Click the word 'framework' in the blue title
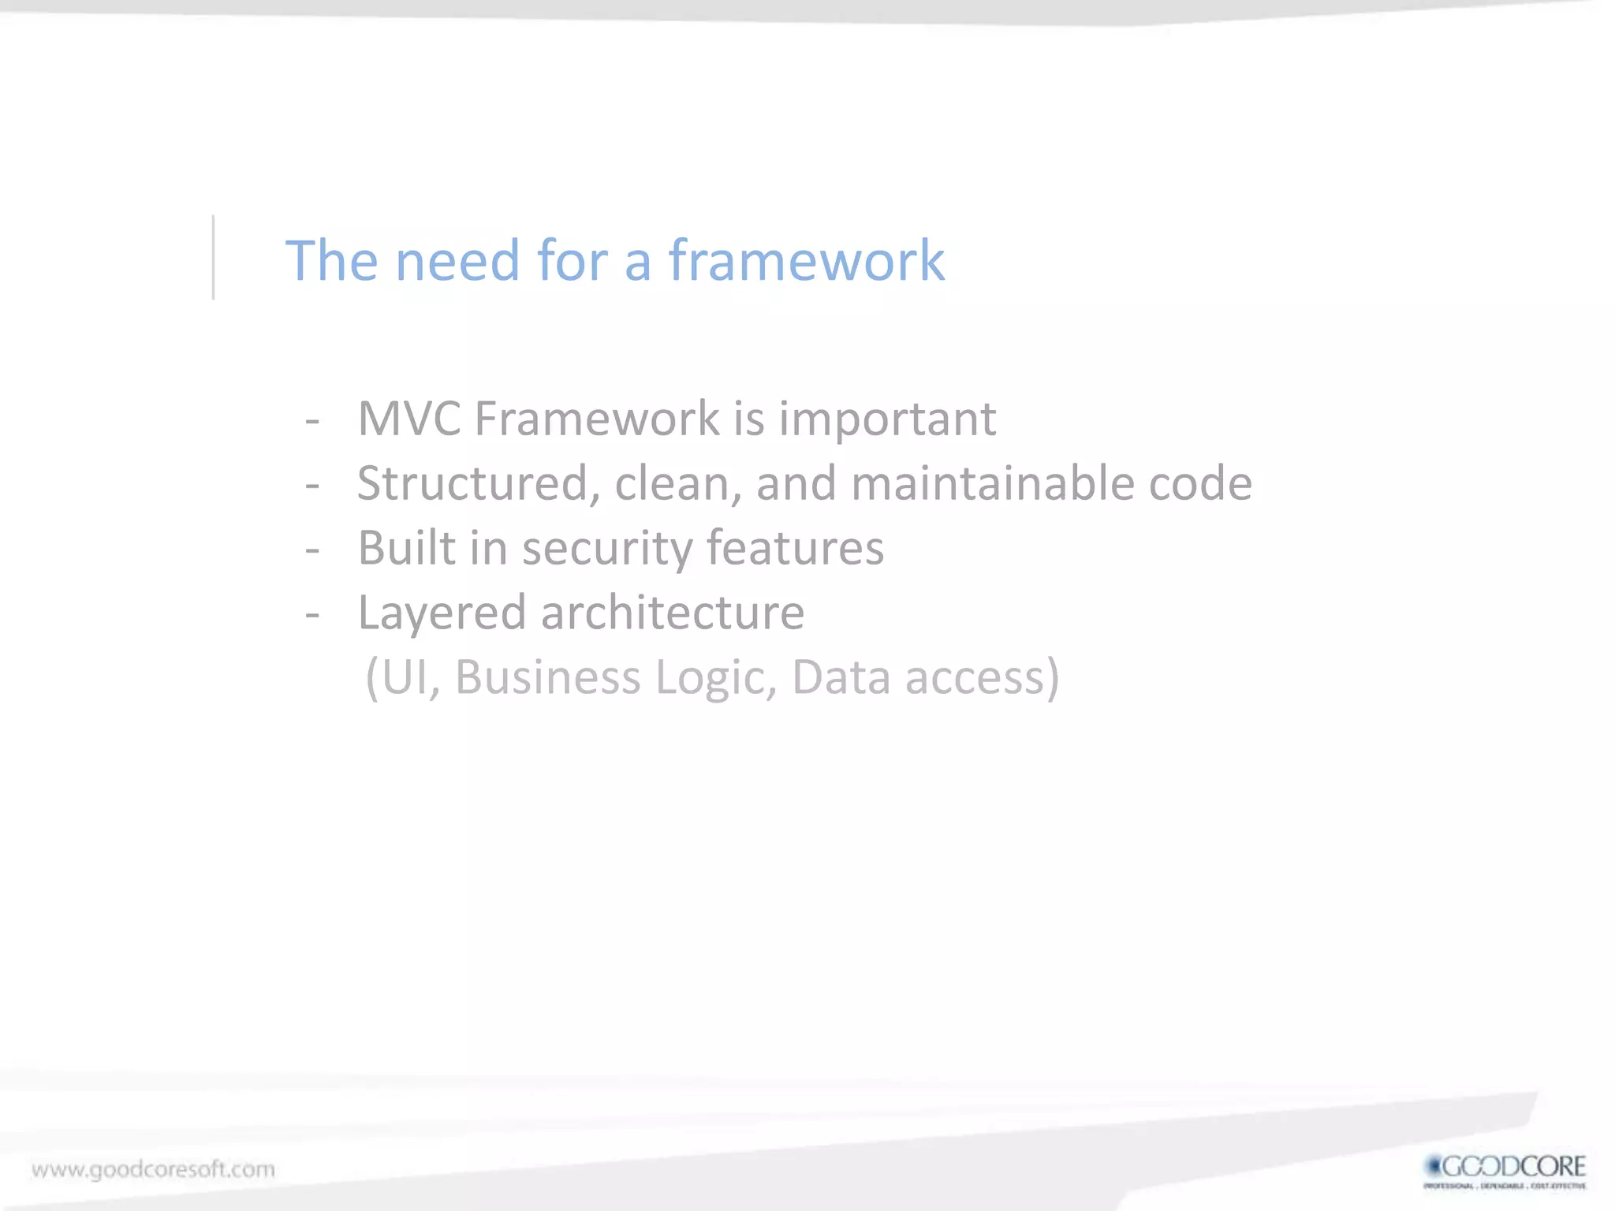pos(806,260)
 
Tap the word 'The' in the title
pos(331,260)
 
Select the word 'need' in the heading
pos(457,260)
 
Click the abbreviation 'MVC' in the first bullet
pos(408,418)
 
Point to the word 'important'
pos(887,419)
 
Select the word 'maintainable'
pos(992,483)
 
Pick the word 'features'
pos(795,548)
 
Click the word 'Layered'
pos(441,613)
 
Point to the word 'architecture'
pos(672,613)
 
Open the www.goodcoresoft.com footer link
pos(153,1168)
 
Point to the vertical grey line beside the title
pos(213,258)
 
